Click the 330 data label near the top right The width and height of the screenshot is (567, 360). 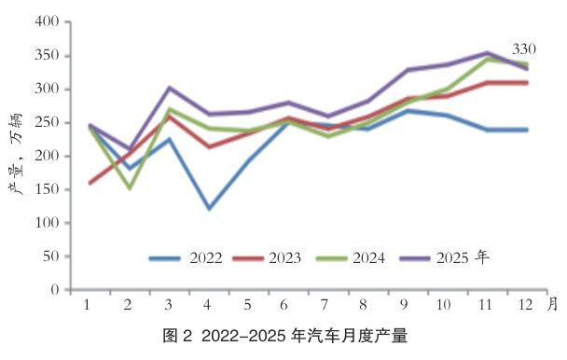click(x=524, y=48)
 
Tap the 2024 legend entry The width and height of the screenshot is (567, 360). click(x=352, y=257)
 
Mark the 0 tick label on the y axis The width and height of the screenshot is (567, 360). click(x=55, y=290)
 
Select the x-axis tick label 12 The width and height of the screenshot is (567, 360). click(x=527, y=305)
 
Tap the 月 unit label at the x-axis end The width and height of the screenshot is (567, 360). click(x=552, y=304)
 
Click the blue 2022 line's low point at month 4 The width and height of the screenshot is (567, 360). click(x=208, y=209)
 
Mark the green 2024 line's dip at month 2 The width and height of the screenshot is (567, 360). click(x=130, y=188)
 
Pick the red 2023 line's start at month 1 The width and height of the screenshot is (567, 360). click(x=90, y=183)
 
